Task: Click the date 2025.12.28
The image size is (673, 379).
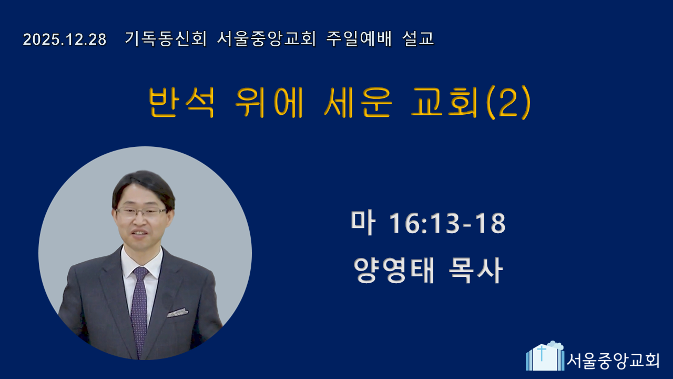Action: point(65,39)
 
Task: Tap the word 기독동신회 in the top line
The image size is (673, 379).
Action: point(166,39)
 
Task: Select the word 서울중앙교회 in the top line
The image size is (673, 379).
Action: point(266,39)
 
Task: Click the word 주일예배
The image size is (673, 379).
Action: point(359,39)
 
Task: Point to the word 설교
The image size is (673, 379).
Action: point(418,39)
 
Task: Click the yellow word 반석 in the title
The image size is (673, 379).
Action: point(181,102)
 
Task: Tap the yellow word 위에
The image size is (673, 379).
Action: point(269,102)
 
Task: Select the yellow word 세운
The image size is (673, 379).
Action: point(358,102)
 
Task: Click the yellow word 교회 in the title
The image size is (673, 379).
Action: point(444,102)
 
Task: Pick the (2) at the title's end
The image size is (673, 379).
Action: point(508,102)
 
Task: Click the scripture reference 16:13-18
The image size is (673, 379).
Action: point(447,223)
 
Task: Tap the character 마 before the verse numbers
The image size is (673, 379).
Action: point(363,223)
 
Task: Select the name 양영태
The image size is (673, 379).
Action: point(394,270)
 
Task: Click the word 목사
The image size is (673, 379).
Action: point(475,270)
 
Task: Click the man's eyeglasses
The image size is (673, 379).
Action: point(140,212)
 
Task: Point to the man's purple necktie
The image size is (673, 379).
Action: point(139,310)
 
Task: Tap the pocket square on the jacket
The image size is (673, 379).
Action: point(178,313)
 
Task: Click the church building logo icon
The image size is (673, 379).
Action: point(545,356)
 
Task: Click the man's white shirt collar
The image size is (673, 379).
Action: point(142,262)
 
